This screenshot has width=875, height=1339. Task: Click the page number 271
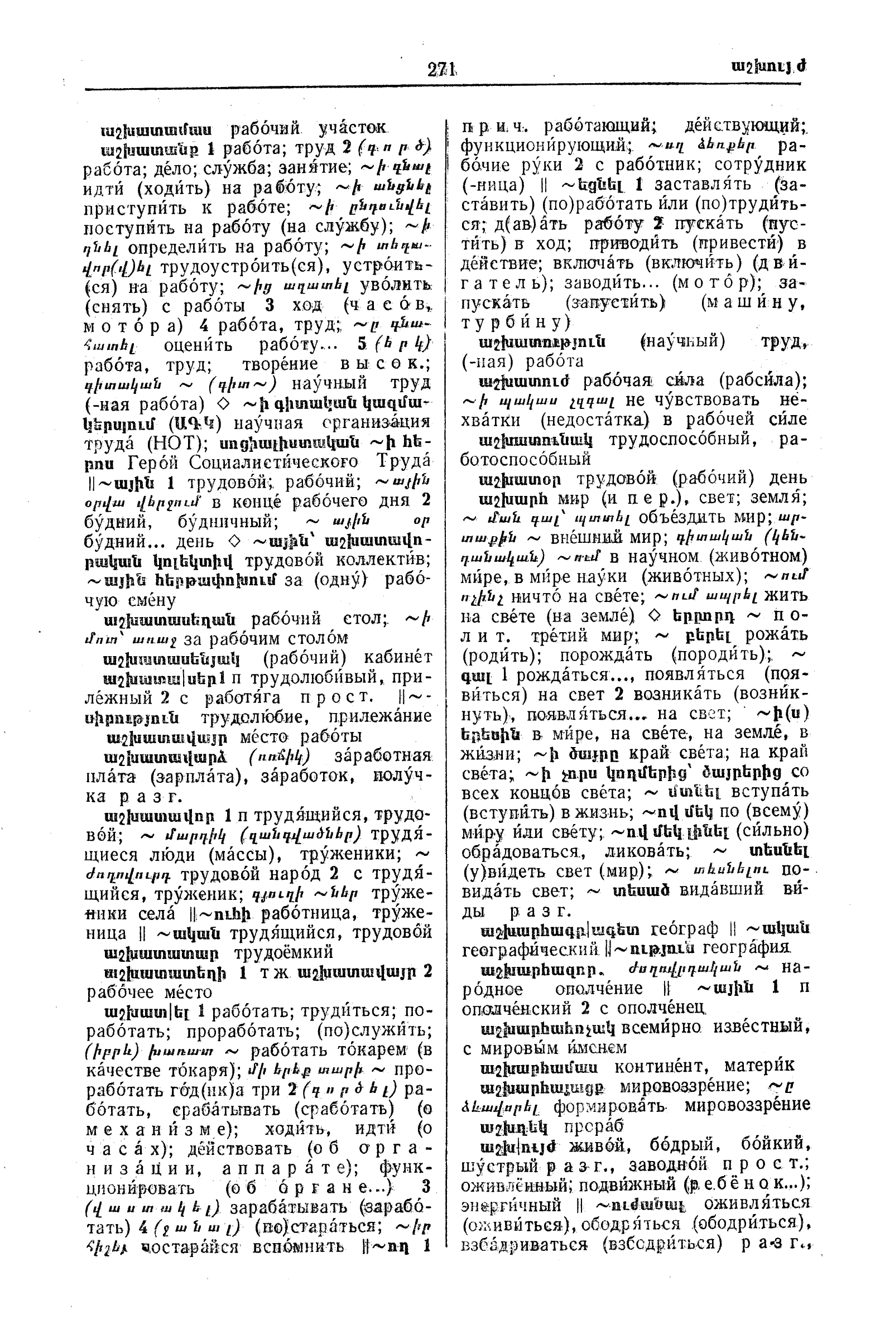(442, 69)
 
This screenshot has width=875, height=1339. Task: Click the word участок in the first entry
(353, 129)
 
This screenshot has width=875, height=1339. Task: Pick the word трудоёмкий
(283, 952)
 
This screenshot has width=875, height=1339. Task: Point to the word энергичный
(511, 1205)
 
